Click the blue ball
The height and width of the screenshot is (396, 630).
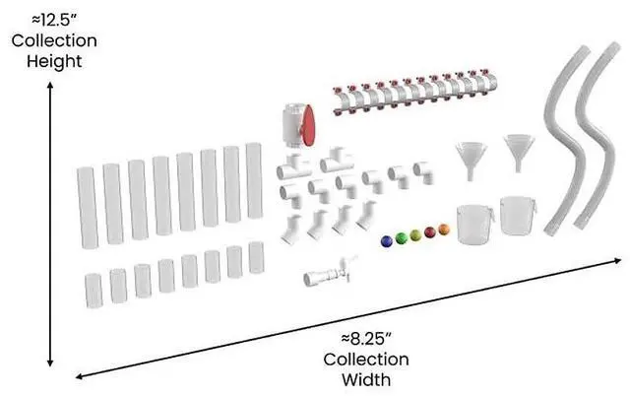386,239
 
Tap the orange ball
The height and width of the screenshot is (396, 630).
444,230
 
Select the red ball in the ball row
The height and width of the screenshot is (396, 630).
429,232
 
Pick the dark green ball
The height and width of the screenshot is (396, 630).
401,237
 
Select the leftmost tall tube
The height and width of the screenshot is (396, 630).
87,204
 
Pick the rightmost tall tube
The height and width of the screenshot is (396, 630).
254,179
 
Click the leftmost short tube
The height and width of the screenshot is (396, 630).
94,289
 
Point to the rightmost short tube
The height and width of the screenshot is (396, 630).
257,257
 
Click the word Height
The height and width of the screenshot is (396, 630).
54,61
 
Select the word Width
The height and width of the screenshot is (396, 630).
366,378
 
